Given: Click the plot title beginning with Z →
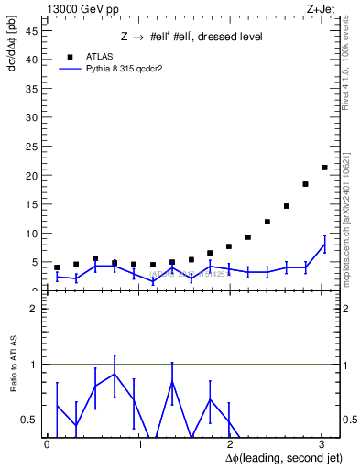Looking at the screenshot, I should click(x=192, y=37).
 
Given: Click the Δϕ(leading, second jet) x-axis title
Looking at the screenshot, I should click(x=275, y=457).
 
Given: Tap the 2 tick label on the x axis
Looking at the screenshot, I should click(x=229, y=444).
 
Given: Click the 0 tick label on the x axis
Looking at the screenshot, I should click(x=47, y=444).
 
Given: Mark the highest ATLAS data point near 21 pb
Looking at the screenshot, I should click(x=324, y=167).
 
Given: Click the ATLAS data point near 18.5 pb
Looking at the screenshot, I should click(x=305, y=184).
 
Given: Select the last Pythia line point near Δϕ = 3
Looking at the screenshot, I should click(x=324, y=244).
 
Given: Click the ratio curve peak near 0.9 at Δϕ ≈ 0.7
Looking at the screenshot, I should click(x=115, y=374).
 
